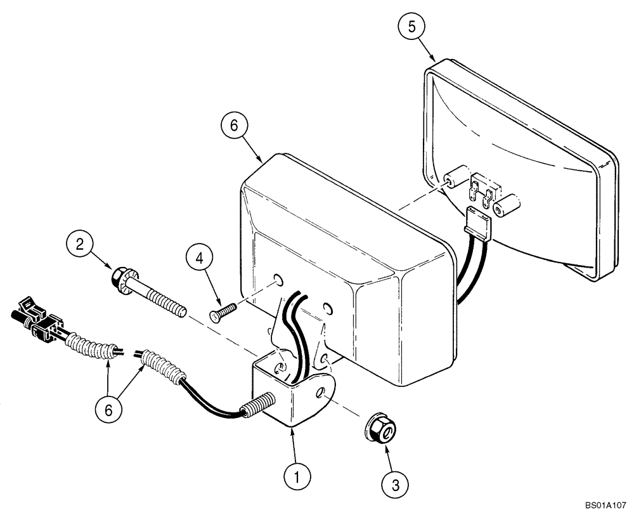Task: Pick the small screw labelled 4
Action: [222, 311]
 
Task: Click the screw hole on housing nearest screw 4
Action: [277, 279]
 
